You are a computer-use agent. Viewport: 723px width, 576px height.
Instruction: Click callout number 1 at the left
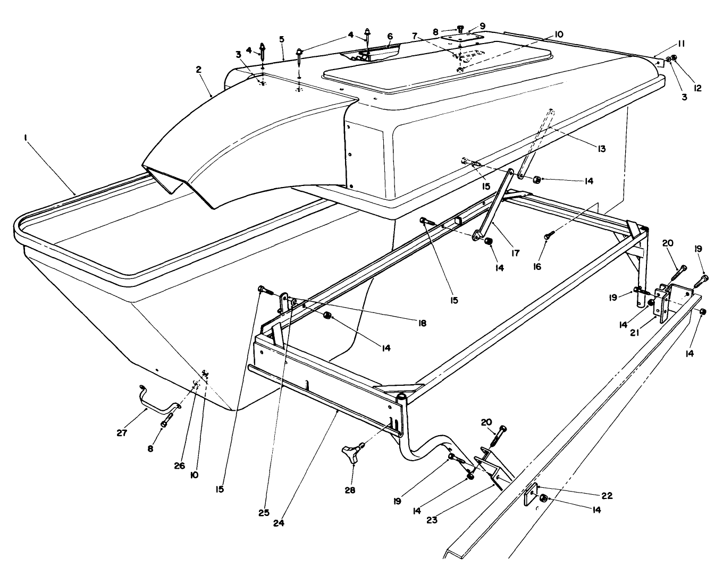point(24,138)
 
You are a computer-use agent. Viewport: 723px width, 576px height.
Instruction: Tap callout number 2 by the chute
point(198,70)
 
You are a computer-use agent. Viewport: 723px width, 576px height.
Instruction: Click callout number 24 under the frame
point(279,522)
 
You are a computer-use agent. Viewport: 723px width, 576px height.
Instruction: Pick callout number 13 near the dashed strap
point(601,149)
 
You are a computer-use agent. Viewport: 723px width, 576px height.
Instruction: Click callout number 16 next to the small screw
point(537,266)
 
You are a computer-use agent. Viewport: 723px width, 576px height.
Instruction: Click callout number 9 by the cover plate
point(483,25)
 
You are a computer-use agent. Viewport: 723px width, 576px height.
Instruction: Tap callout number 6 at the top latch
point(390,36)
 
